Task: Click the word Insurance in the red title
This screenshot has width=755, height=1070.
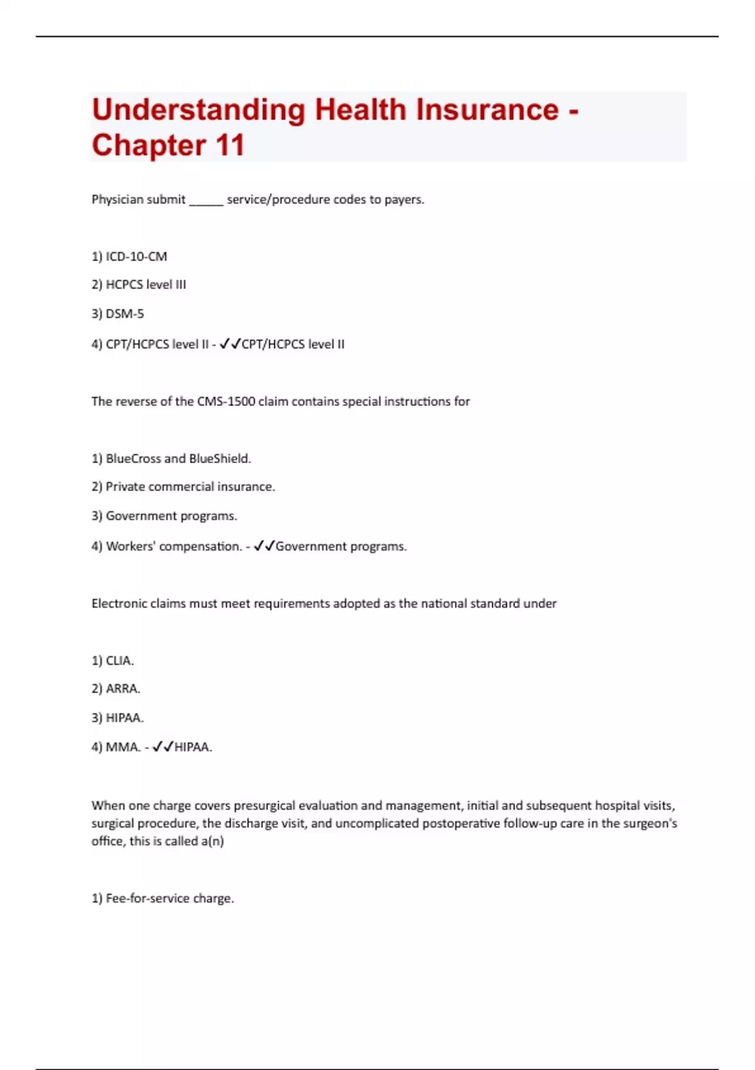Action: [x=486, y=110]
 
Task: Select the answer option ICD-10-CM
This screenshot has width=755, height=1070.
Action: [x=136, y=257]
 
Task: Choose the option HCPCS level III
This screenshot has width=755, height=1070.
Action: [x=145, y=284]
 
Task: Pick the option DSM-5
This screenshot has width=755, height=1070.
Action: [x=125, y=313]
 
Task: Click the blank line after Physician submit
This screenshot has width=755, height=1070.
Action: [x=206, y=200]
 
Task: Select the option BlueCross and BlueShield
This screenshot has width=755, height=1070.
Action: [x=178, y=459]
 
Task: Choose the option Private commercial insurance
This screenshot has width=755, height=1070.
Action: [x=190, y=487]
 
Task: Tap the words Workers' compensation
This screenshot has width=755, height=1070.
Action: [x=174, y=546]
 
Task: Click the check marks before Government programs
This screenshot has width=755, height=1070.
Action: [x=264, y=546]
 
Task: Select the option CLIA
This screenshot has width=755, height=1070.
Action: [x=120, y=661]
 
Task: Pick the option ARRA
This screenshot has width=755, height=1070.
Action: [x=123, y=689]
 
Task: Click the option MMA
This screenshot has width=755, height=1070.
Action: [x=123, y=747]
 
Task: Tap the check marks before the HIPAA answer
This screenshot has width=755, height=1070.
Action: [x=163, y=747]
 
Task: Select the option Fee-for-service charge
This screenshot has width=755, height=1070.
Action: [x=169, y=899]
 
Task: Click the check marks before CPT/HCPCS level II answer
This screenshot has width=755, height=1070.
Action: [x=230, y=344]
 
